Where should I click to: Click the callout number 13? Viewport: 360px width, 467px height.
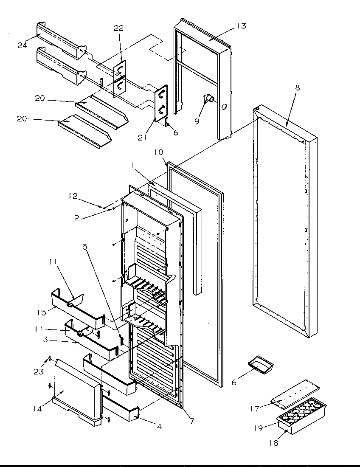pos(241,26)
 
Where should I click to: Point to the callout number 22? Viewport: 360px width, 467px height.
pos(119,28)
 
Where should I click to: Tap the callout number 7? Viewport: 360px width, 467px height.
pos(192,421)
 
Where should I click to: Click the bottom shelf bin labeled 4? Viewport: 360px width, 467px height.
pos(121,412)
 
